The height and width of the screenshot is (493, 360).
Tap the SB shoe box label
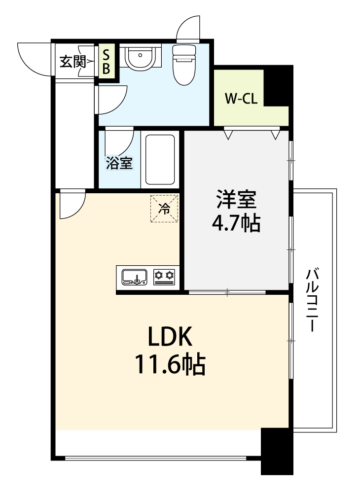[107, 61]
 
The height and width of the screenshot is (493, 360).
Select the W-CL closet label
[241, 99]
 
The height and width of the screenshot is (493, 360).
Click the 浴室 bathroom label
[119, 163]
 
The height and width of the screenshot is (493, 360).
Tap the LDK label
[170, 338]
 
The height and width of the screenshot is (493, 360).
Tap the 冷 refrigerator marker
[164, 209]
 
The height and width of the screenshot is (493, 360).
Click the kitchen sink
[134, 277]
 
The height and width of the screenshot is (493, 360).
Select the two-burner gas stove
[164, 277]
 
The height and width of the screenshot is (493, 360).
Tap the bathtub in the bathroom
[160, 159]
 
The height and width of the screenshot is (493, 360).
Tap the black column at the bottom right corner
[277, 451]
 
